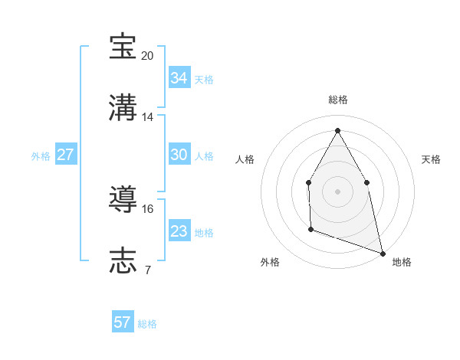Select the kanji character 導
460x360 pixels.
click(x=123, y=199)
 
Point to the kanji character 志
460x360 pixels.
click(x=123, y=260)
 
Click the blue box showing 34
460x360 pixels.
click(x=179, y=78)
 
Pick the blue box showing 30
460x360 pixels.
click(x=179, y=155)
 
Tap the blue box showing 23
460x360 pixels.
click(x=179, y=231)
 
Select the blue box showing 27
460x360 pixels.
click(x=65, y=155)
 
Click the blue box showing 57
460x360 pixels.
click(x=123, y=322)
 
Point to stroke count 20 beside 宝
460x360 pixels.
click(x=148, y=55)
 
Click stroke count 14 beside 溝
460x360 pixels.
click(x=148, y=116)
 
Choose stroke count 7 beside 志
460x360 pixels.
click(x=148, y=270)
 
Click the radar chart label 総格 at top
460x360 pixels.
click(x=338, y=100)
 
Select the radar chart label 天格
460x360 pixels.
click(x=431, y=159)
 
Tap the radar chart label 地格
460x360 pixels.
click(x=402, y=262)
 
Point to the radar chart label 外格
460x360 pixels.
click(x=270, y=262)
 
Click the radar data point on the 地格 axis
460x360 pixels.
click(x=382, y=252)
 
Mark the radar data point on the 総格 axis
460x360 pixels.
click(x=337, y=130)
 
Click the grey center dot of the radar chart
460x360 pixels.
click(x=337, y=191)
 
